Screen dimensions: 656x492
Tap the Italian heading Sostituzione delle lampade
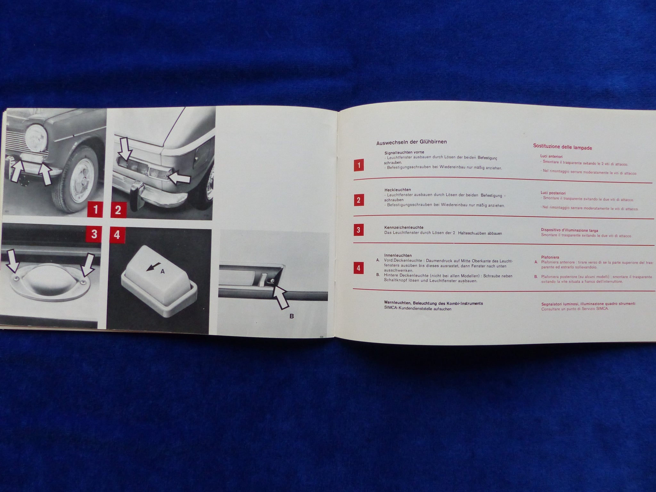(562, 148)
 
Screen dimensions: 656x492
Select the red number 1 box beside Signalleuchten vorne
(359, 165)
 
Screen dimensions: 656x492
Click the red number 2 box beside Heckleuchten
(358, 201)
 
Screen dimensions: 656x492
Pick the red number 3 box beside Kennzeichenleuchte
(358, 230)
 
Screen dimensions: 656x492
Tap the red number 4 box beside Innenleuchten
(358, 268)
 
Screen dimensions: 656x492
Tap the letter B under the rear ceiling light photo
(291, 316)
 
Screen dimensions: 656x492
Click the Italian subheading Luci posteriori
(553, 193)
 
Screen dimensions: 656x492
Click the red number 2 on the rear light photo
(118, 210)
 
